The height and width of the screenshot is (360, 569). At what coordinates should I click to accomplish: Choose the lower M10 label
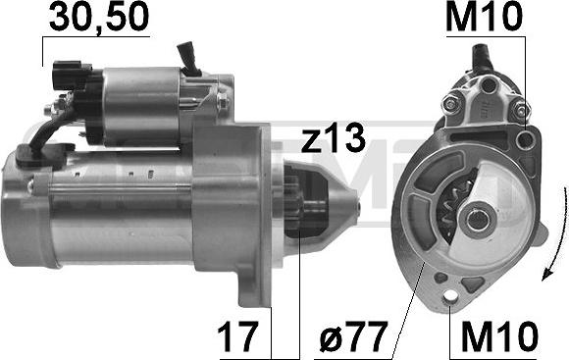pos(497,336)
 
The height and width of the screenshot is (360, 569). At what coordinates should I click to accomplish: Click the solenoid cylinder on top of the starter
pos(147,103)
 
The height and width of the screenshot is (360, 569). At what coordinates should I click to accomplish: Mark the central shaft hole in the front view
pos(479,220)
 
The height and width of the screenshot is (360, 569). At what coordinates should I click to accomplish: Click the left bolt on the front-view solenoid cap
pos(450,103)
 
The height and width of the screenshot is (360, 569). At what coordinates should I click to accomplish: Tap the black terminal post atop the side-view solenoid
pos(188,59)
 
